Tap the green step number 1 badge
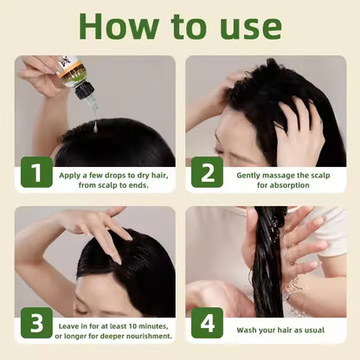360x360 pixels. tap(35, 173)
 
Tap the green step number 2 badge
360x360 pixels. tap(208, 173)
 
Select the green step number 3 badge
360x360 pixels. tap(35, 324)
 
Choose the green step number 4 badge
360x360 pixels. tap(208, 324)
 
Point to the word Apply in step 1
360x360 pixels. tap(72, 174)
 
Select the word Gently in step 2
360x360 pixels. tap(250, 174)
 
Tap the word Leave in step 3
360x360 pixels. tap(72, 325)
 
